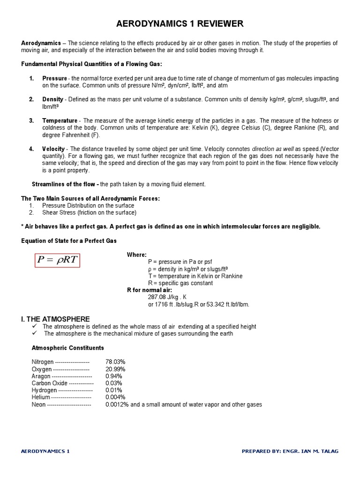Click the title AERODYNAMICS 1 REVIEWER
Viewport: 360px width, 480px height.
click(180, 24)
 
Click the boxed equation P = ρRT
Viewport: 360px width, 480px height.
click(58, 260)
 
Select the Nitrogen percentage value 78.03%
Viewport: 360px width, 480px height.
click(115, 362)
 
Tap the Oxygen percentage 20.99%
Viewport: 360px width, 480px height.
click(115, 369)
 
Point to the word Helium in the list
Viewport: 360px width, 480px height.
click(41, 397)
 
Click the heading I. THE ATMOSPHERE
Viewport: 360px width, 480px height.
click(56, 319)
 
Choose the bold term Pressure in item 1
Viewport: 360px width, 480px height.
click(54, 78)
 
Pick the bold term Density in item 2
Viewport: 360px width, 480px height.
click(52, 99)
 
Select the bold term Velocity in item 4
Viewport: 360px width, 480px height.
click(53, 149)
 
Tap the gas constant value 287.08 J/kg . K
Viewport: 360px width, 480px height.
click(167, 297)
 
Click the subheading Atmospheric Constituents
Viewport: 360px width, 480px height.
click(67, 348)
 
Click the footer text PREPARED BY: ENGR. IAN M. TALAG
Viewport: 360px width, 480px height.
click(289, 451)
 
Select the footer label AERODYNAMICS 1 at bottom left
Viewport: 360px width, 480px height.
click(45, 451)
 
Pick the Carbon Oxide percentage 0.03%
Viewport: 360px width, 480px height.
click(114, 383)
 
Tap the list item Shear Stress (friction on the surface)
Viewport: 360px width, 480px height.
click(89, 212)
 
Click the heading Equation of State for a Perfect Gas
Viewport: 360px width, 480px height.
click(69, 240)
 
